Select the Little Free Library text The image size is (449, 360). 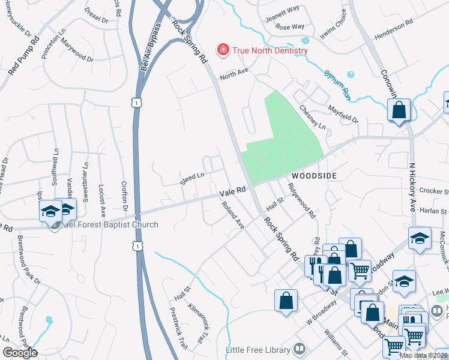[x=258, y=350]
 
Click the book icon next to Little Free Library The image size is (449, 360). [x=298, y=350]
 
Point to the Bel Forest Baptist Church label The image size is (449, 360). [x=111, y=225]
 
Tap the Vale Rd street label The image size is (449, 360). [x=233, y=191]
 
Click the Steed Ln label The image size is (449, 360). [x=193, y=178]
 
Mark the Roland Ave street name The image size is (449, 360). [x=233, y=215]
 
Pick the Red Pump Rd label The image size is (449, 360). [x=24, y=56]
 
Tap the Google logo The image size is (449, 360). [x=20, y=353]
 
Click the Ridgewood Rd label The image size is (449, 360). [x=302, y=201]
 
